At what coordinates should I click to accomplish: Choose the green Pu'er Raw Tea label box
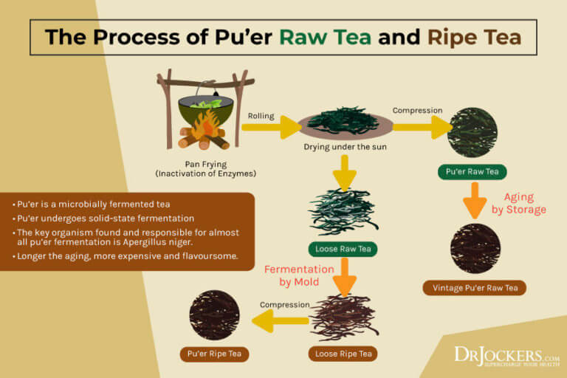[472, 172]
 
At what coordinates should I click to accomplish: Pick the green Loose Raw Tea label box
[343, 249]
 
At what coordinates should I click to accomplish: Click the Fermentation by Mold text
[300, 275]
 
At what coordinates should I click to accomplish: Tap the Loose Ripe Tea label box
[343, 354]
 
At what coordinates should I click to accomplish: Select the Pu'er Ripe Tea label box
[214, 354]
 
